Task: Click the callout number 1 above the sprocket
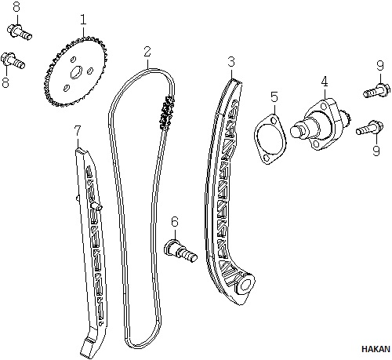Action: coord(83,20)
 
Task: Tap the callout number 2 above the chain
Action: coord(147,52)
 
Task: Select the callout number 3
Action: coord(231,62)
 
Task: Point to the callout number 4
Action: coord(325,82)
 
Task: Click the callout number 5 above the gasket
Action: coord(274,97)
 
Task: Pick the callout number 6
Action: coord(175,222)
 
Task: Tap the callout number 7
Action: coord(78,131)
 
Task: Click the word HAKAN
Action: coord(376,349)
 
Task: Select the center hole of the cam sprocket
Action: coord(76,72)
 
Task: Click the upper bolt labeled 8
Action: coord(20,32)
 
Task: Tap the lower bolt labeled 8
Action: coord(13,60)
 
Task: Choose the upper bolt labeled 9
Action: coord(377,90)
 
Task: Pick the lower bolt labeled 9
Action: coord(370,128)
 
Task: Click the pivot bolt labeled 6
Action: coord(180,251)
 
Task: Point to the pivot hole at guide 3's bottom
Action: coord(245,285)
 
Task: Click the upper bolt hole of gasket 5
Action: coord(274,121)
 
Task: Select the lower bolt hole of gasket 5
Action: coord(267,158)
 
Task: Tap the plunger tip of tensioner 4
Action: coord(296,131)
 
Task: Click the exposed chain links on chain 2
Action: coord(167,113)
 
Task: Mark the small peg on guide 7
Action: coord(96,206)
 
